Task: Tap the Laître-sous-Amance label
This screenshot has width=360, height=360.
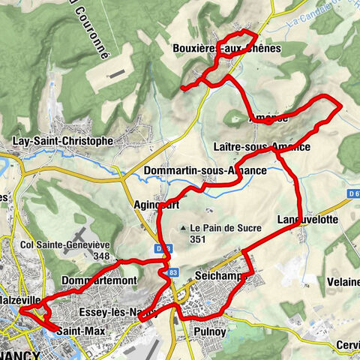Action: (x=261, y=147)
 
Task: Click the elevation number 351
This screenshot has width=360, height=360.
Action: (x=198, y=240)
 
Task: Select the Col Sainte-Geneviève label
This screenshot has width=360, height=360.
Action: (x=66, y=244)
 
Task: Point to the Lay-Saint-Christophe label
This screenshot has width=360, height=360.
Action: (x=63, y=140)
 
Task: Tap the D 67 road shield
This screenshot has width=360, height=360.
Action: (x=353, y=194)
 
